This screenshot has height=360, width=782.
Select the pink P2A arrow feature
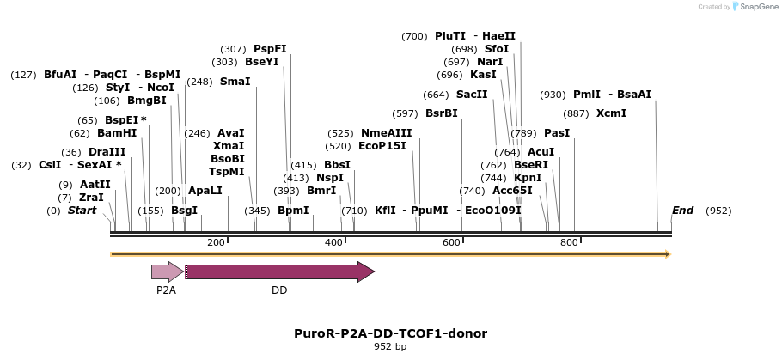coord(167,272)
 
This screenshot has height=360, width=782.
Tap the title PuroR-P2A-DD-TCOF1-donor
coord(390,333)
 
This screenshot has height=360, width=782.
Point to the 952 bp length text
coord(390,347)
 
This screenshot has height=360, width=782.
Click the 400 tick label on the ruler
coord(333,243)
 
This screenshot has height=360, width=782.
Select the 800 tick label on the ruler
coord(569,243)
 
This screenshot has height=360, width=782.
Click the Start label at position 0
coord(82,211)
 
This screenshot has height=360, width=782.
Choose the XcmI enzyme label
coord(611,113)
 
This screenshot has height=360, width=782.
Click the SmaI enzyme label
coord(235,82)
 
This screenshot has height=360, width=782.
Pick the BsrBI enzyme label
coord(441,113)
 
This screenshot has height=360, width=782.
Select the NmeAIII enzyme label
coord(386,133)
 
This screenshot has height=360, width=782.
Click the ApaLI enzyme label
coord(205,191)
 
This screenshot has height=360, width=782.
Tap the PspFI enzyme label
coord(270,49)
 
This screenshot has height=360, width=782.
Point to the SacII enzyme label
coord(472,95)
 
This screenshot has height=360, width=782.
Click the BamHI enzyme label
coord(117,133)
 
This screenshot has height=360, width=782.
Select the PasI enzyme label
coord(557,133)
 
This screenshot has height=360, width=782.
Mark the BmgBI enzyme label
coord(147,101)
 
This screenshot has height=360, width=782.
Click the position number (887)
coord(576,113)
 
